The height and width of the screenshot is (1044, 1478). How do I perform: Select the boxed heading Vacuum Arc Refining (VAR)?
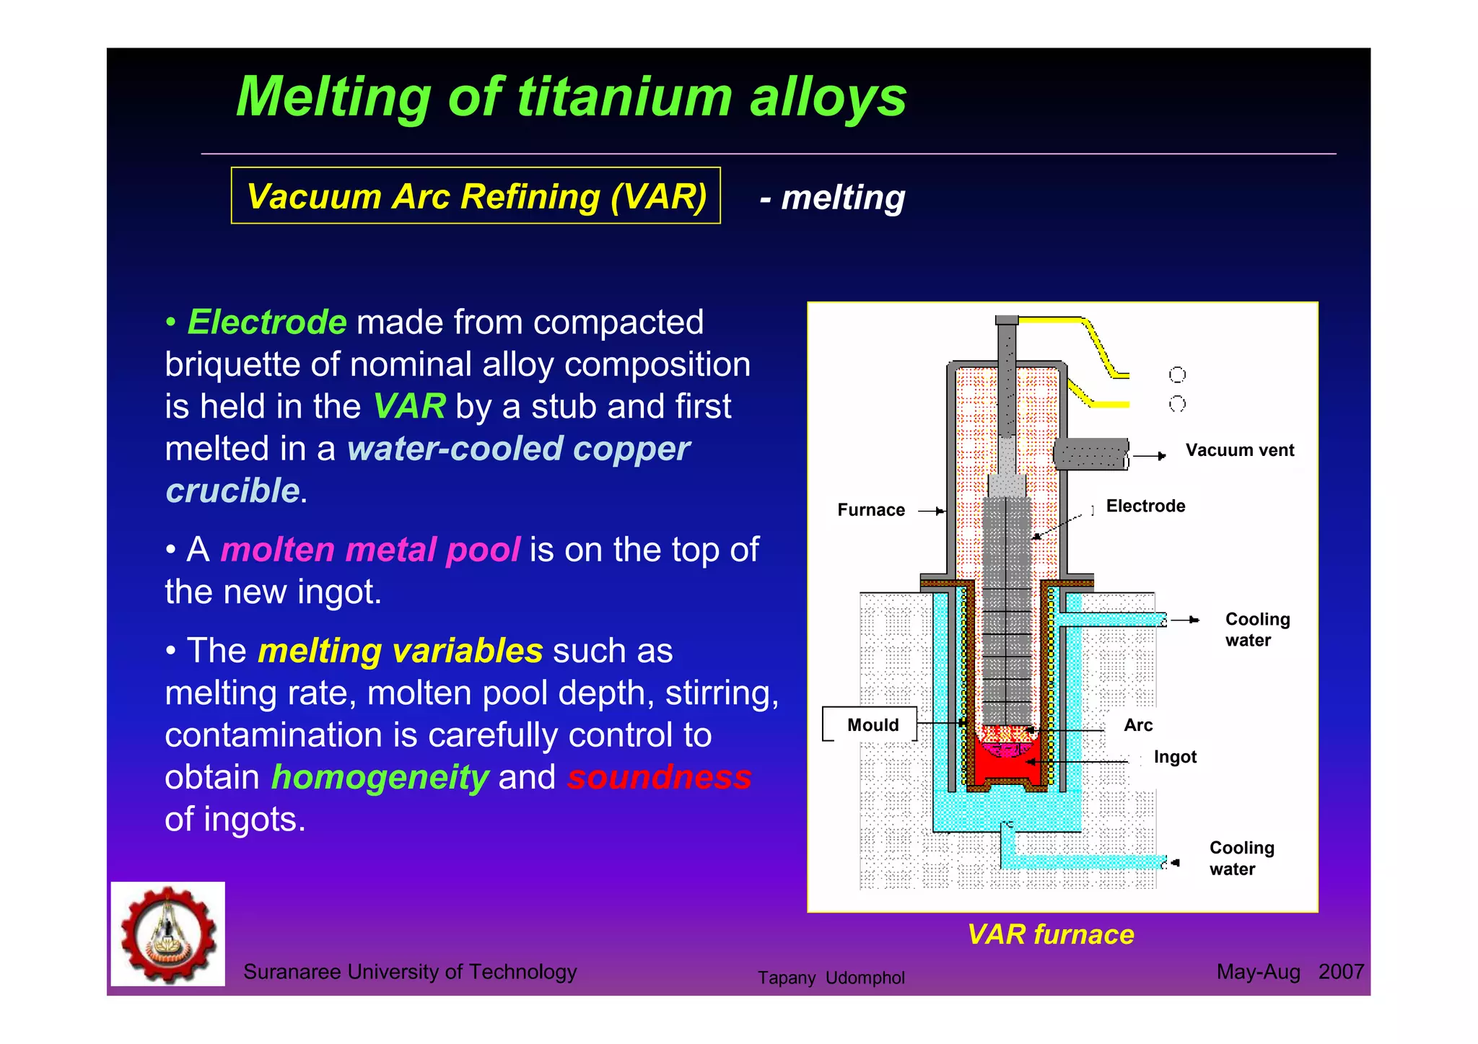(476, 196)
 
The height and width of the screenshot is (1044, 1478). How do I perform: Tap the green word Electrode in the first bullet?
(267, 322)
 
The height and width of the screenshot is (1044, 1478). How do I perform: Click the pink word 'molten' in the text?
(277, 550)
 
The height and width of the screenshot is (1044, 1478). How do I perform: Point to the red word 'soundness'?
(659, 777)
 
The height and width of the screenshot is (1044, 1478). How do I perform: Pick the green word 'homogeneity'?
(380, 777)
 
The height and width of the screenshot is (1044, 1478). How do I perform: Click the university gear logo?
(167, 934)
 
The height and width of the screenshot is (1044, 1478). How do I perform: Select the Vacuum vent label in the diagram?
(1239, 450)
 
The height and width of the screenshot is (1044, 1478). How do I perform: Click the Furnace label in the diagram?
(870, 510)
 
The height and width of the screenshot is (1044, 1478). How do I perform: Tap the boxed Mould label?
(872, 724)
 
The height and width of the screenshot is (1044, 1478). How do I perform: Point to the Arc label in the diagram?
(1137, 725)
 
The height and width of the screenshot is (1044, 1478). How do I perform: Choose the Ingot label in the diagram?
(1174, 757)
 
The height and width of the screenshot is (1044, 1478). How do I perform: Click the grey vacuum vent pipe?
(1090, 454)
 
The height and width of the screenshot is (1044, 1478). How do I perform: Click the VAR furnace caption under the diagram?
(1050, 934)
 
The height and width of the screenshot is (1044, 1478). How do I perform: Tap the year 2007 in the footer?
(1340, 972)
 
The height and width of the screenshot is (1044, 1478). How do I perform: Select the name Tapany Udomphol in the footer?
(831, 978)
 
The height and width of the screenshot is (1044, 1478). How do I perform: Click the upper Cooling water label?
(1256, 629)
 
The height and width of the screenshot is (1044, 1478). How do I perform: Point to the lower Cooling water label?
(1241, 858)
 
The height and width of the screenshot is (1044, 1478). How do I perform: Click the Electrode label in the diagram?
(1145, 506)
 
